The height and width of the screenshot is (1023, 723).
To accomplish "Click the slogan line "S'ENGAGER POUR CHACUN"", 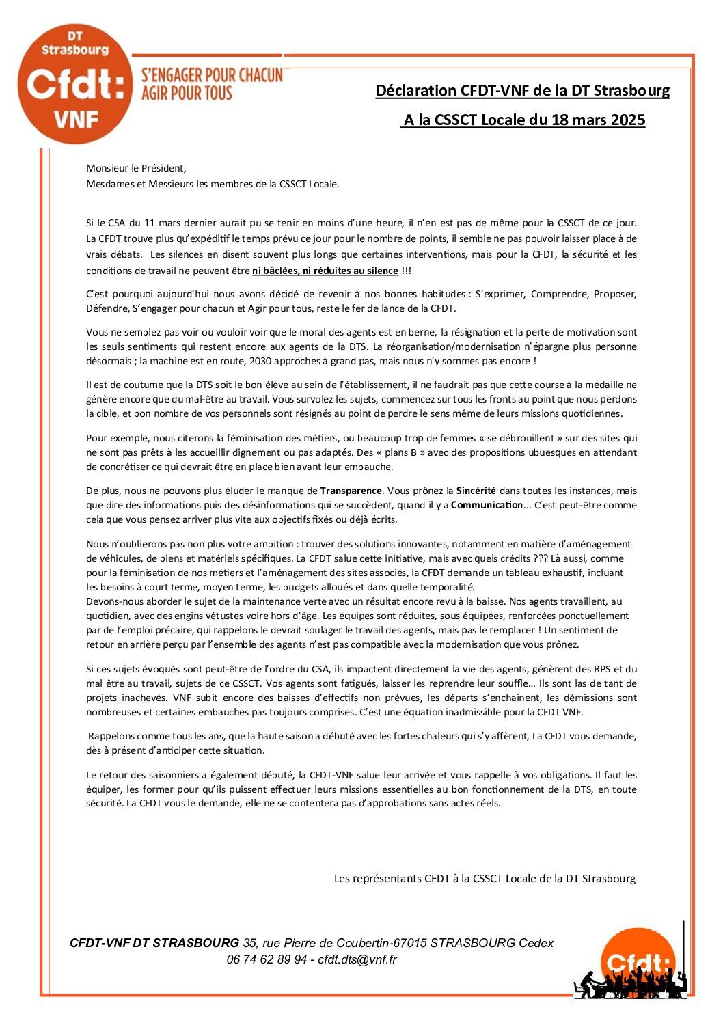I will pyautogui.click(x=211, y=75).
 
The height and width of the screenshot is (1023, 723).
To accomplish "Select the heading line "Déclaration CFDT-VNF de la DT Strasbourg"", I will pyautogui.click(x=523, y=90).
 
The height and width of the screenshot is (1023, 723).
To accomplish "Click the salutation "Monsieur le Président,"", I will pyautogui.click(x=136, y=168).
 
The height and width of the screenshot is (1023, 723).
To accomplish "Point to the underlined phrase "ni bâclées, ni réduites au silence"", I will pyautogui.click(x=325, y=271).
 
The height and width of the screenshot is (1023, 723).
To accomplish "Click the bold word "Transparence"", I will pyautogui.click(x=351, y=491).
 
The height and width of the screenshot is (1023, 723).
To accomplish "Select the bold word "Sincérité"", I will pyautogui.click(x=476, y=491).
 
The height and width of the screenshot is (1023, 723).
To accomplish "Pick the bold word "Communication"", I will pyautogui.click(x=487, y=505).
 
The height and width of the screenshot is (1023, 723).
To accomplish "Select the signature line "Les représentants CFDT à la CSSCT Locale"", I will pyautogui.click(x=485, y=878).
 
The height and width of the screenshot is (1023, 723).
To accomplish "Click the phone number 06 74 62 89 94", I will pyautogui.click(x=267, y=959).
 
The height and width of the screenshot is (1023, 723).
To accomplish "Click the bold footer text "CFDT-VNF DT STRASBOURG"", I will pyautogui.click(x=154, y=943).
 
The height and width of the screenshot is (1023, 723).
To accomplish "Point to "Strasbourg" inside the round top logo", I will pyautogui.click(x=75, y=50).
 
